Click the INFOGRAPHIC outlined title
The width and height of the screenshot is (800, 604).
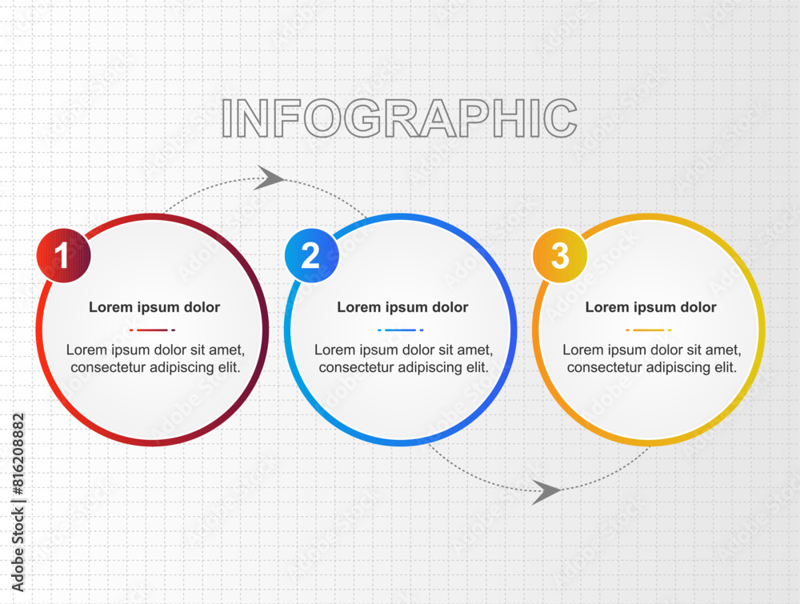pos(399,118)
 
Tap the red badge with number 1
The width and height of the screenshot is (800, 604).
pos(64,255)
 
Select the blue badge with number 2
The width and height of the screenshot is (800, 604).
pos(312,255)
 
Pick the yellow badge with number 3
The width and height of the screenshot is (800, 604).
pos(560,255)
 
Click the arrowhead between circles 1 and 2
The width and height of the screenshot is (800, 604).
pos(270,178)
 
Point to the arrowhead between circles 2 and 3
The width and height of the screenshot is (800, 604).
pos(546,492)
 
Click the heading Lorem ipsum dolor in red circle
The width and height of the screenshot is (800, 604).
pos(154,307)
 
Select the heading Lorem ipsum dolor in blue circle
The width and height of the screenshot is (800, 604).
pos(402,307)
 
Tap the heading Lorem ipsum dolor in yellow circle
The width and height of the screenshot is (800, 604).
pos(650,307)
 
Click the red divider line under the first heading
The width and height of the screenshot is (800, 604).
pos(152,330)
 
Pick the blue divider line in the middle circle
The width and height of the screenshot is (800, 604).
pos(401,330)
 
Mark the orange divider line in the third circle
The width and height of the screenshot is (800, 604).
pos(649,330)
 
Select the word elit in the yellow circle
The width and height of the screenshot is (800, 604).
pos(723,367)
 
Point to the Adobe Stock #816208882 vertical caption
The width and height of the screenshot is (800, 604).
pos(18,502)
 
